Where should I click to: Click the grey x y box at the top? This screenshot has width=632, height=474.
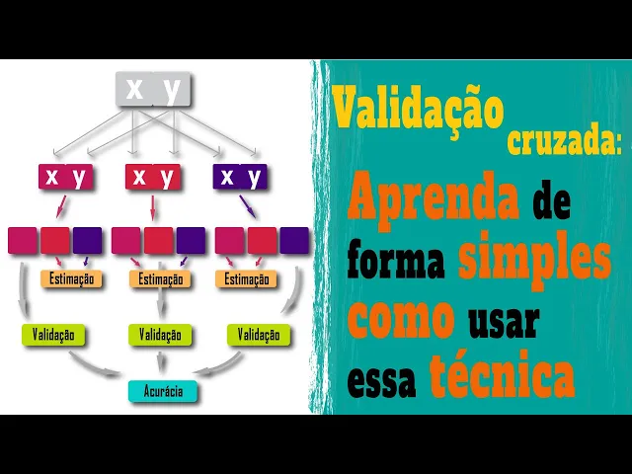coord(153,90)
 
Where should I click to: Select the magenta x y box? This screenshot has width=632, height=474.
coord(65,178)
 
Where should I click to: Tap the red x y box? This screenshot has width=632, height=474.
coord(153,178)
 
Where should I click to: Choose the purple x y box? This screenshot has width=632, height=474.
coord(240,178)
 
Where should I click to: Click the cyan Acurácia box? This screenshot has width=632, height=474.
coord(163,391)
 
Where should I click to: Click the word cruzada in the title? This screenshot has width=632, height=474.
coord(564,143)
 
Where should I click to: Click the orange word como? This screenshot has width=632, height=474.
coord(400,318)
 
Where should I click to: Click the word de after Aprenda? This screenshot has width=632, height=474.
coord(552,203)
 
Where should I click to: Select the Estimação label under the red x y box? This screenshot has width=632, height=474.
coord(160,279)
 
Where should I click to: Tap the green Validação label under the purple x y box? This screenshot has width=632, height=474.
coord(259,335)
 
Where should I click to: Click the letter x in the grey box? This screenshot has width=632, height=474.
coord(134,90)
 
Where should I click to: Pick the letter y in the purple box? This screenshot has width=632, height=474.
coord(255,178)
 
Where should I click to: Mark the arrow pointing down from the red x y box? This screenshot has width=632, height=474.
coord(152,207)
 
